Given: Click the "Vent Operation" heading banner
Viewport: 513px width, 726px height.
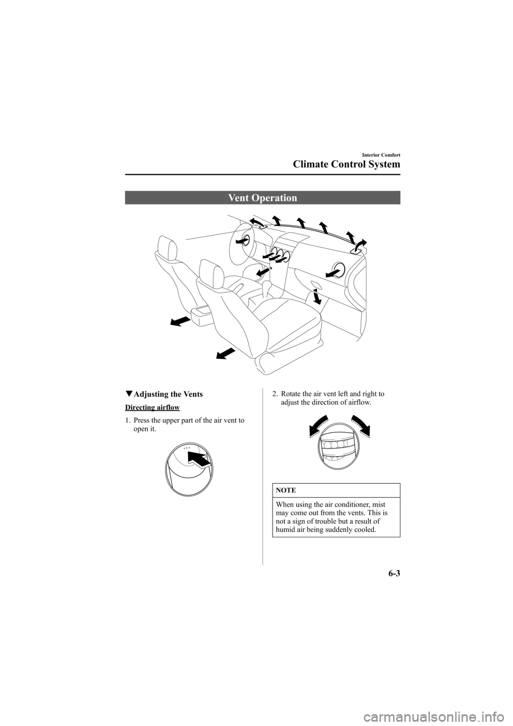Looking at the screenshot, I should click(262, 198).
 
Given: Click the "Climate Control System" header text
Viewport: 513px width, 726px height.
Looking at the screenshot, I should click(345, 165).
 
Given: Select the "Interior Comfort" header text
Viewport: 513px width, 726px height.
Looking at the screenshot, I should click(377, 152).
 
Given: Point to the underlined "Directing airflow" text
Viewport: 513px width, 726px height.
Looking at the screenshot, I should click(152, 407).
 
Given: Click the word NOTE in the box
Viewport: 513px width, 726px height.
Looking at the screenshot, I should click(287, 490).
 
